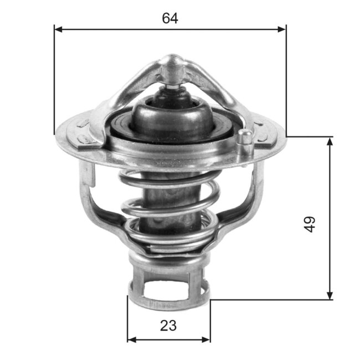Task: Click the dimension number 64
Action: click(x=170, y=18)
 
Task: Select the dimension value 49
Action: click(x=310, y=224)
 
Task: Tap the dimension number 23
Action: click(x=168, y=326)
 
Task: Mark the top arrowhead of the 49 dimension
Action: click(x=330, y=141)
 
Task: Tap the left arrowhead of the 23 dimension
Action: click(x=131, y=339)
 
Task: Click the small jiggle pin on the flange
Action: click(x=244, y=141)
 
